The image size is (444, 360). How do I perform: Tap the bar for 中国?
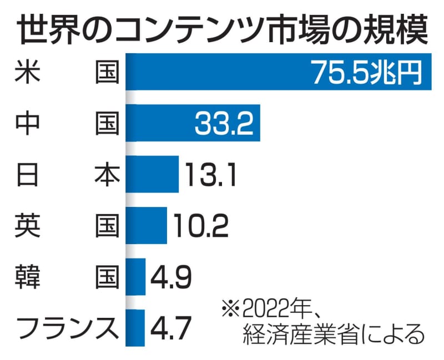click(161, 123)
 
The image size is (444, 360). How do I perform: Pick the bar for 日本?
click(152, 174)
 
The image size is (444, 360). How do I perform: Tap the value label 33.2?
click(224, 123)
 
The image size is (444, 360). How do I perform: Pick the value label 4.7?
click(170, 327)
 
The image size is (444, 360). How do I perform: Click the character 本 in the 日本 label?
click(105, 175)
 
